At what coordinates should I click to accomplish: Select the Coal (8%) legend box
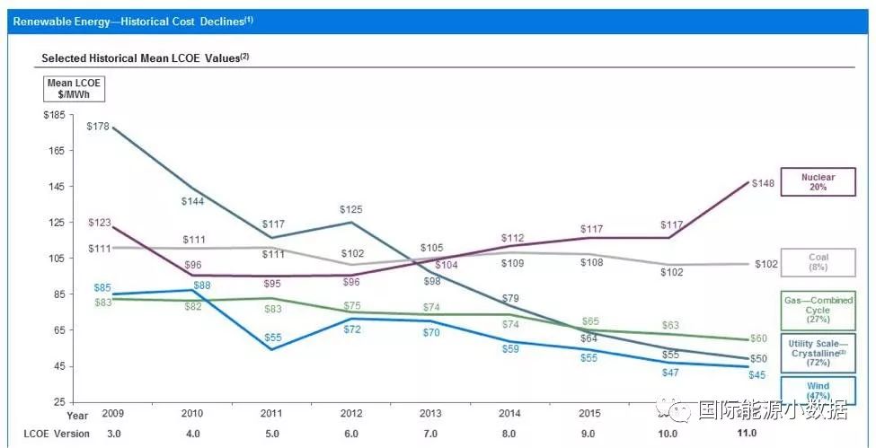818,262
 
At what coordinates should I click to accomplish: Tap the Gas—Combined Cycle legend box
818,310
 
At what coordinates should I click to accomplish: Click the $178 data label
98,127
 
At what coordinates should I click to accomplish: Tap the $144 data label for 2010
193,202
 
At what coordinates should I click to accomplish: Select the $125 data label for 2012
351,210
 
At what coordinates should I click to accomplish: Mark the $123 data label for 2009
100,222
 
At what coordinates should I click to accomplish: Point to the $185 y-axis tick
56,115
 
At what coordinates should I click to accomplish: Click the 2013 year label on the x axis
430,416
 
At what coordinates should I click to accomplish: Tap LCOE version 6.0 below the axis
351,434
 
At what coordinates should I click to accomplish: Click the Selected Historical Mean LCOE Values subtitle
145,58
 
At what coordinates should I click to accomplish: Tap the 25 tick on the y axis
60,401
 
